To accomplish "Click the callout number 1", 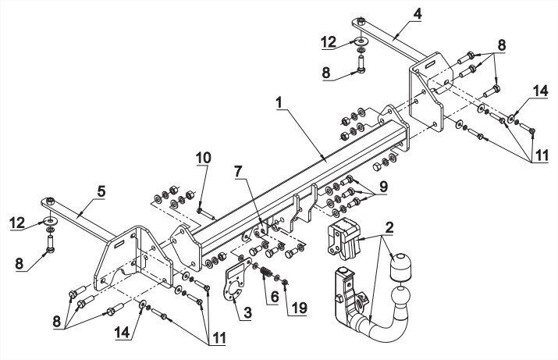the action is pos(279,102).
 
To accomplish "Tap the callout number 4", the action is pos(417,13).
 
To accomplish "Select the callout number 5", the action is pos(101,192).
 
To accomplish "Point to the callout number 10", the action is pos(203,158).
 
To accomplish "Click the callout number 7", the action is pos(238,171).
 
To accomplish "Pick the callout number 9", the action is pos(383,186).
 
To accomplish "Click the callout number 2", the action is pos(389,227).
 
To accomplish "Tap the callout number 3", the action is pos(247,312).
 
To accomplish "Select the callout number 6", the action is pos(275,296).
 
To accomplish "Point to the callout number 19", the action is pos(299,308).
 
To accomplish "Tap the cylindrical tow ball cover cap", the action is pos(400,267).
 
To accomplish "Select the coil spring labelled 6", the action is pos(266,273).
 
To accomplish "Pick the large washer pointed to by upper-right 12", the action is pos(361,41).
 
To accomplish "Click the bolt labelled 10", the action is pos(206,214).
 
